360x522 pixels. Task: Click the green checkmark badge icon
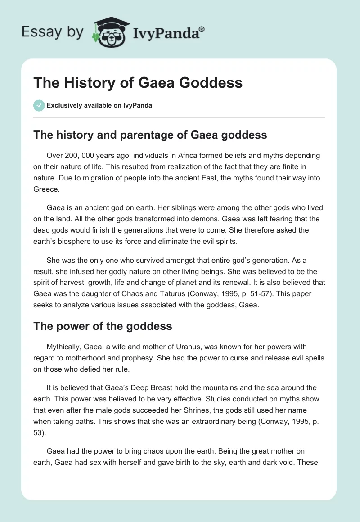[x=39, y=105]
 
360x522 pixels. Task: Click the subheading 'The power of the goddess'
[x=103, y=326]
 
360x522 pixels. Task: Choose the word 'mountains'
[x=225, y=388]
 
